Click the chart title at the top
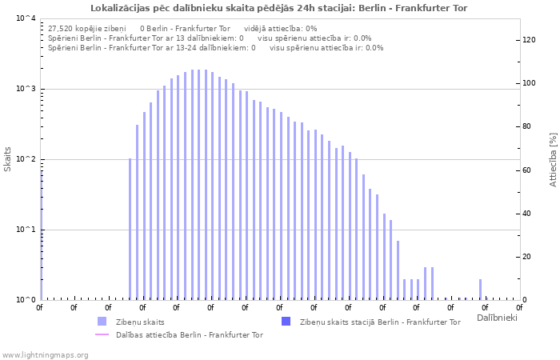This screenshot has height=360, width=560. click(279, 8)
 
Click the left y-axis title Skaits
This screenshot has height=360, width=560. click(8, 159)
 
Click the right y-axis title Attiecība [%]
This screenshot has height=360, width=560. click(553, 160)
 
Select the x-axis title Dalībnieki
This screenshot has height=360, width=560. click(497, 318)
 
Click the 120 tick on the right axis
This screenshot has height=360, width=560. click(529, 40)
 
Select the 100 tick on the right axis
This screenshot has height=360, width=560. click(529, 83)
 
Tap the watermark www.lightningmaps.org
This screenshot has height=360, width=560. click(44, 354)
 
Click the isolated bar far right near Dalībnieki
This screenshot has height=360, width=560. click(480, 289)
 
